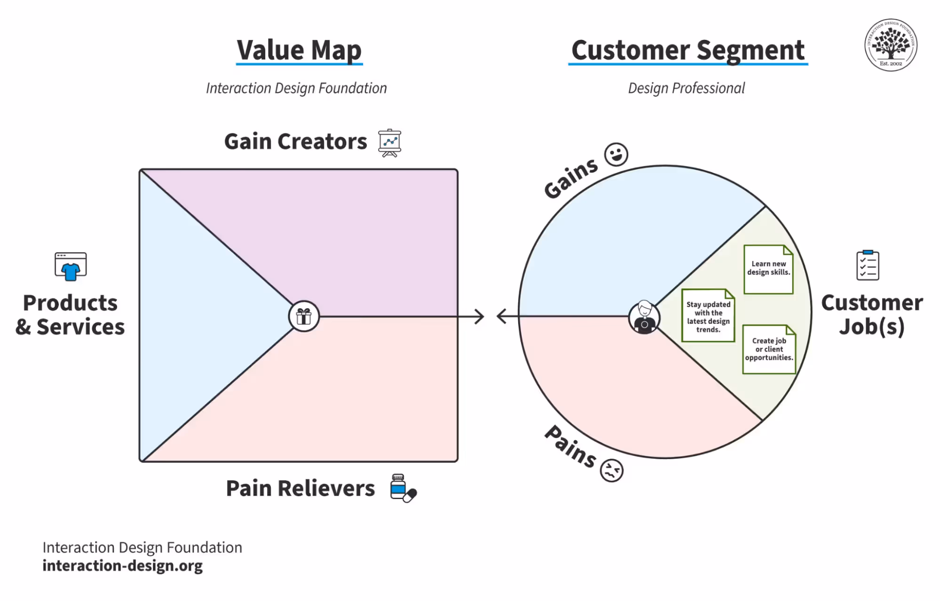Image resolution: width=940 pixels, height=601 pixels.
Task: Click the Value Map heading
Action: pyautogui.click(x=299, y=50)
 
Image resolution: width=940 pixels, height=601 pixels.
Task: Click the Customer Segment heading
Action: pyautogui.click(x=687, y=50)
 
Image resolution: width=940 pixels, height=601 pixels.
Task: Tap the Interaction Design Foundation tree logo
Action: pyautogui.click(x=891, y=45)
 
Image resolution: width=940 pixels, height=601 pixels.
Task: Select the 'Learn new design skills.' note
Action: pyautogui.click(x=768, y=269)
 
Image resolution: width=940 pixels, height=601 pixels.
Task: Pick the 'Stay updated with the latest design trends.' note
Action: pyautogui.click(x=708, y=316)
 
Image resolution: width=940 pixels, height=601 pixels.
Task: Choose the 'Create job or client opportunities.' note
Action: pyautogui.click(x=769, y=349)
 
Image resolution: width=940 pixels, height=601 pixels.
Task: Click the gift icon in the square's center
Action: pyautogui.click(x=304, y=316)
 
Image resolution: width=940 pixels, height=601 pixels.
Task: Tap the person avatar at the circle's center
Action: pyautogui.click(x=644, y=317)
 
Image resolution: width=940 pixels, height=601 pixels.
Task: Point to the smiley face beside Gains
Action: pyautogui.click(x=616, y=154)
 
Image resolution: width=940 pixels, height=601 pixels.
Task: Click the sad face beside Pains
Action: pyautogui.click(x=611, y=470)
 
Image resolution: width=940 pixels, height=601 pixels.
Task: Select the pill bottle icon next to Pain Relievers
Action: pyautogui.click(x=403, y=488)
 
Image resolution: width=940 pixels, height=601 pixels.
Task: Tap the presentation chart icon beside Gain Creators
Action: pyautogui.click(x=390, y=142)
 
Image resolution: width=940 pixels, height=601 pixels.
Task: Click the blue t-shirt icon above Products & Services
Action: pyautogui.click(x=71, y=266)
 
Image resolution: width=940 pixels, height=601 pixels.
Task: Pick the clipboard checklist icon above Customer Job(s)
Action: pyautogui.click(x=868, y=265)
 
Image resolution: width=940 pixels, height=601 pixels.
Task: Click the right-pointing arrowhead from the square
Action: pyautogui.click(x=480, y=316)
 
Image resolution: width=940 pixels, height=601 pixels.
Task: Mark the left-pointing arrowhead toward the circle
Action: pyautogui.click(x=502, y=316)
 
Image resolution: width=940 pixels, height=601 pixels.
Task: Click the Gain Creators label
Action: pyautogui.click(x=295, y=141)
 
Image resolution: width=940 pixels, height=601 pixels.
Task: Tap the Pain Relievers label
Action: pyautogui.click(x=300, y=488)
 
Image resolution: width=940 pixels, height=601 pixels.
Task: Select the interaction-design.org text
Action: pyautogui.click(x=122, y=566)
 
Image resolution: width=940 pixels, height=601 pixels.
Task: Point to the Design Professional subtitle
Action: pyautogui.click(x=686, y=88)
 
